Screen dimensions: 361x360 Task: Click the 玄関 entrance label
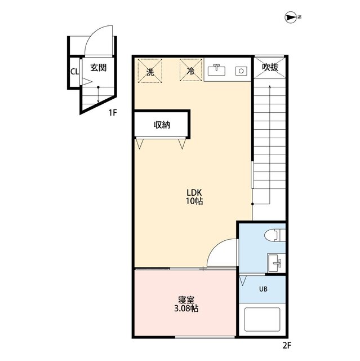[x=99, y=68]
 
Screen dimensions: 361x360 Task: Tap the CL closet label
[x=74, y=71]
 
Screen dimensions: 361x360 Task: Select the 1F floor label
[x=113, y=112]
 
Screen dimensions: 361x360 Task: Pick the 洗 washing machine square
[x=150, y=72]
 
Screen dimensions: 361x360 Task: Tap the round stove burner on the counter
[x=241, y=71]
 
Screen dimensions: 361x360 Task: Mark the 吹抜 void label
[x=270, y=68]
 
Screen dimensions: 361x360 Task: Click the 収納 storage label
[x=162, y=125]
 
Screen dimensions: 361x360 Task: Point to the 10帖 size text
[x=194, y=201]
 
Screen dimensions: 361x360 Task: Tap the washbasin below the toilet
[x=275, y=262]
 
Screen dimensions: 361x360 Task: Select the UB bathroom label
[x=263, y=289]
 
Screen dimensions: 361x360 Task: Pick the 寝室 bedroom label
[x=186, y=300]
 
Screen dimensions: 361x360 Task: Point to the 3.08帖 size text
[x=186, y=309]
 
